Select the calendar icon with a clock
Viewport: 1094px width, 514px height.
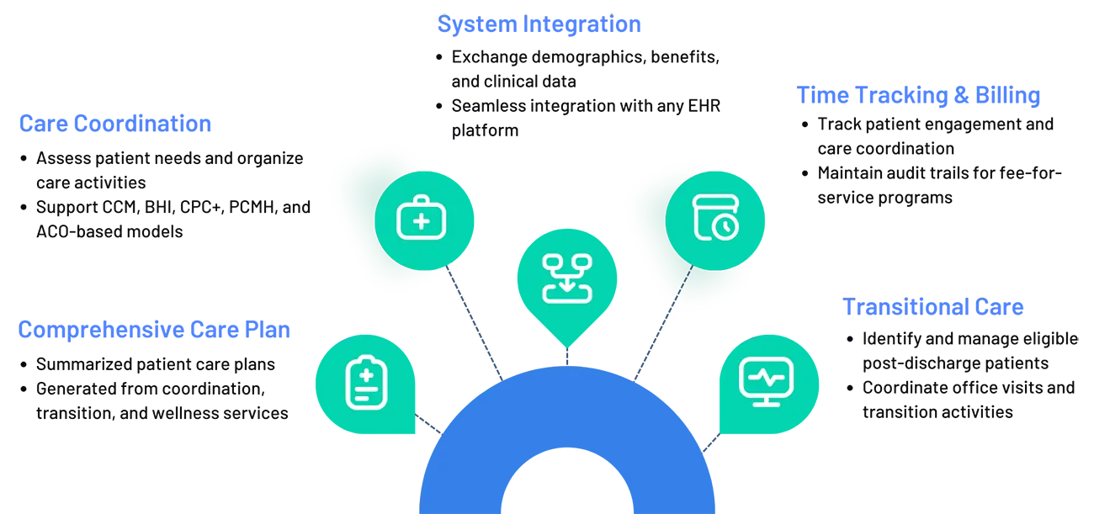tap(715, 218)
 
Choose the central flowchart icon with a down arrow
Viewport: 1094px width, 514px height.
tap(567, 278)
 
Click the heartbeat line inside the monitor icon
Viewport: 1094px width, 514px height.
tap(765, 378)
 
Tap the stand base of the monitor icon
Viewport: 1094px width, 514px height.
tap(765, 403)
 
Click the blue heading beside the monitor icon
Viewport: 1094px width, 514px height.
tap(934, 305)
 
